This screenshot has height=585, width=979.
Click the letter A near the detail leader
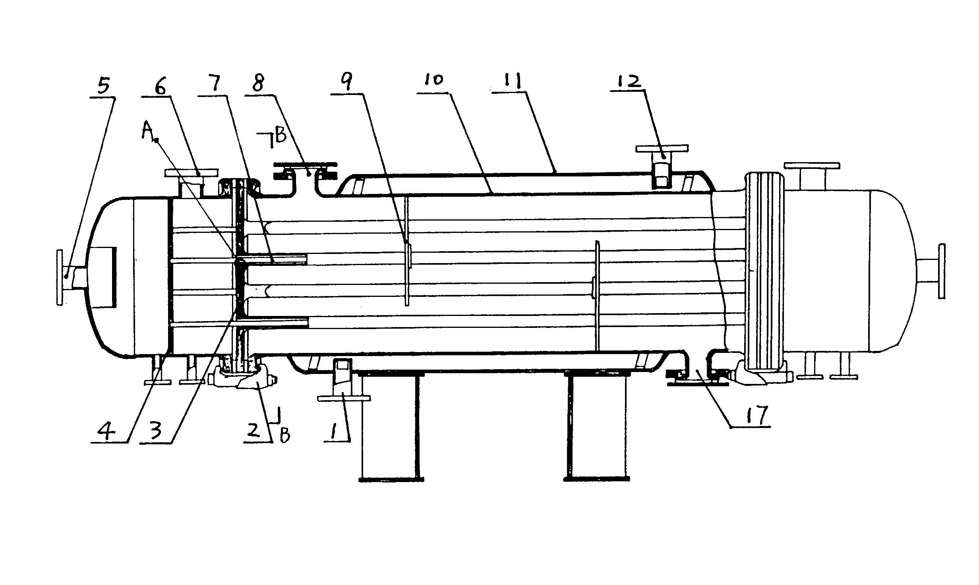point(147,131)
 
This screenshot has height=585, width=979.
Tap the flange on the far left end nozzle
point(60,277)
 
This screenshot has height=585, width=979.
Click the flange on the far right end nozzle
point(942,271)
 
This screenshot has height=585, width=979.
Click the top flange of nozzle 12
point(662,149)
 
